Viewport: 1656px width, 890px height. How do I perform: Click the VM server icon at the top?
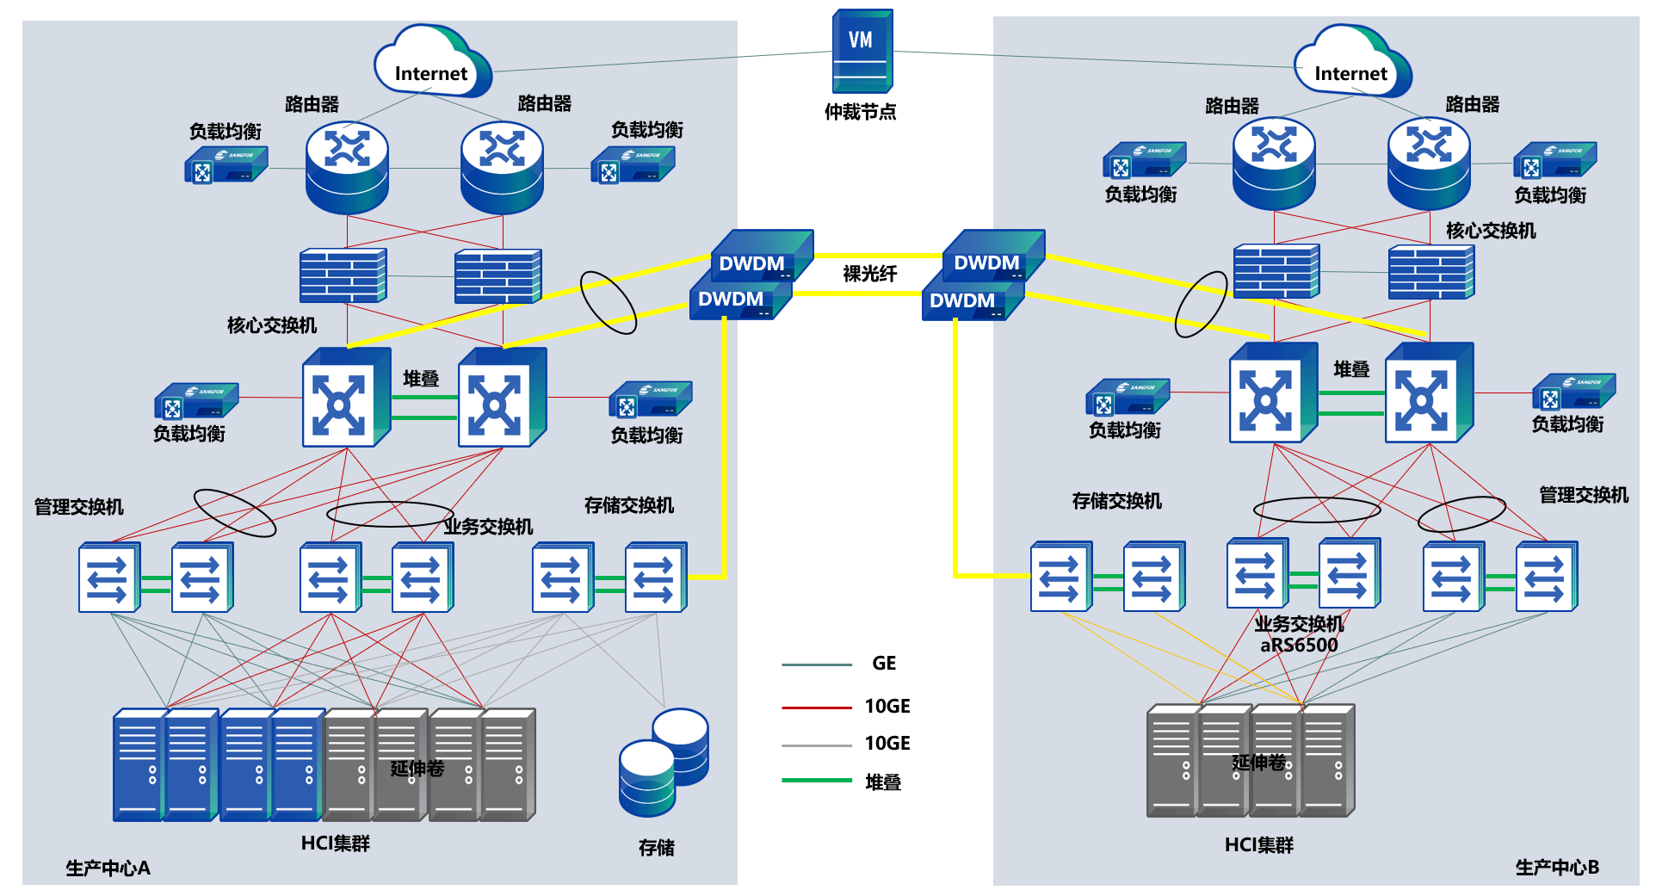coord(862,51)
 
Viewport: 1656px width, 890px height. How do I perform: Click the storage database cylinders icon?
coord(664,762)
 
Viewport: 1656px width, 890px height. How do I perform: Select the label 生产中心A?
coord(108,868)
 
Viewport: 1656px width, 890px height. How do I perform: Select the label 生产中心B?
coord(1557,867)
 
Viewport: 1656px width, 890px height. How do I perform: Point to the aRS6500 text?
coord(1299,645)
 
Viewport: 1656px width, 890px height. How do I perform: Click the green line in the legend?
coord(817,780)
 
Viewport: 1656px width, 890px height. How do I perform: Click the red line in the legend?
coord(817,708)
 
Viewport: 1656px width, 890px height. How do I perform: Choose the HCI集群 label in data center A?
coord(335,844)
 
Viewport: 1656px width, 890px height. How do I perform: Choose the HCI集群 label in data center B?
coord(1258,845)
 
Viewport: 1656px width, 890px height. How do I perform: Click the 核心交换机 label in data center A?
coord(271,325)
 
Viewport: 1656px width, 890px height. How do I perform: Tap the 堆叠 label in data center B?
coord(1351,369)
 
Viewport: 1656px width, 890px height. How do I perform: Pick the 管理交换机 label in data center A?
coord(78,507)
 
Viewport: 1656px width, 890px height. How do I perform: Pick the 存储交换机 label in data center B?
coord(1116,501)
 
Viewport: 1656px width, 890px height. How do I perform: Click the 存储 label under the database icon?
coord(656,848)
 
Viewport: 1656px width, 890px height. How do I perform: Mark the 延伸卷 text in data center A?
coord(417,768)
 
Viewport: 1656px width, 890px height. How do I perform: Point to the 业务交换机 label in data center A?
coord(488,527)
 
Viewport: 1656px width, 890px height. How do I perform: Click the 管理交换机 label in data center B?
coord(1583,495)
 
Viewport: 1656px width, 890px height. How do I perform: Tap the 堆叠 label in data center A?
coord(421,379)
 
